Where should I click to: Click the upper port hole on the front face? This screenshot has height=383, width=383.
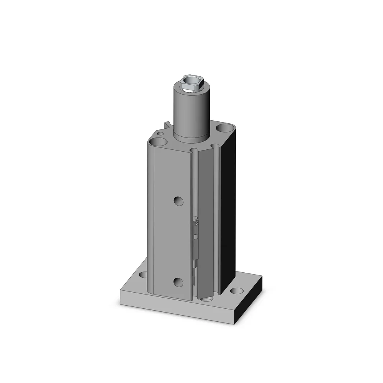pos(178,200)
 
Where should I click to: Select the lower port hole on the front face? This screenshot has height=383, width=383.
pos(178,282)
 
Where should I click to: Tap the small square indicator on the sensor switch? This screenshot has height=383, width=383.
pos(196,236)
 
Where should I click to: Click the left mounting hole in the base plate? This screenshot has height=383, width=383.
pos(143,275)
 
